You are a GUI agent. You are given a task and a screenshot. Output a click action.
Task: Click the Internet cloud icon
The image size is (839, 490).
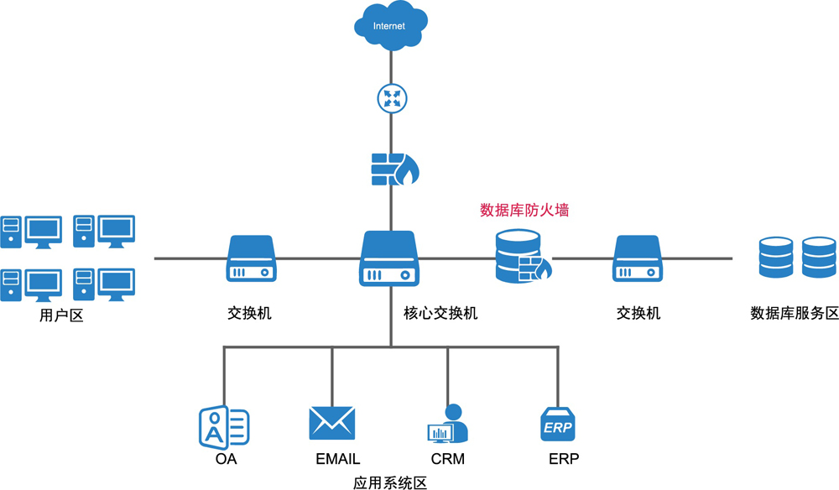click(391, 26)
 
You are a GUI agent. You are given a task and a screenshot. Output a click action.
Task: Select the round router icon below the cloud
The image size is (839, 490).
click(392, 98)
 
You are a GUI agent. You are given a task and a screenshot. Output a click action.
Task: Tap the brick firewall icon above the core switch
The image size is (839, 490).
click(395, 169)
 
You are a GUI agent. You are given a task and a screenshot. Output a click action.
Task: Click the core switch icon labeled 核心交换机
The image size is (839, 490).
click(389, 258)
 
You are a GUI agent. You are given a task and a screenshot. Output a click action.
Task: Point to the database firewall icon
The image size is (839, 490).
click(523, 256)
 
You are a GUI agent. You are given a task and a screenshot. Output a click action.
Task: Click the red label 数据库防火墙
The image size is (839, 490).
click(524, 211)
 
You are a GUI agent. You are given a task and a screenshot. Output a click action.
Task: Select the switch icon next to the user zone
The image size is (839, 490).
click(252, 258)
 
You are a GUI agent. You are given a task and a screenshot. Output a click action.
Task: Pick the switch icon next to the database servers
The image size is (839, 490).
click(638, 258)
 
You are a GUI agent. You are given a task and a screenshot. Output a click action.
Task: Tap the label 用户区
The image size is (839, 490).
click(61, 315)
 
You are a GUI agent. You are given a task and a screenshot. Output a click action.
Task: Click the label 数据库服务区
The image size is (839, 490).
click(795, 313)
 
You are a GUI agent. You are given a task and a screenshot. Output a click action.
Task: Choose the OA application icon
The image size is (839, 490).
click(224, 427)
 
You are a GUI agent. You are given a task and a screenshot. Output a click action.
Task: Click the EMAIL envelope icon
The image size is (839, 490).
click(332, 423)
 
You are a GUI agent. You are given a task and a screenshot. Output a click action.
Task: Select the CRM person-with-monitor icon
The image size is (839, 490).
click(448, 423)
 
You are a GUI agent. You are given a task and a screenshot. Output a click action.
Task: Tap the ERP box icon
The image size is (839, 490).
click(558, 424)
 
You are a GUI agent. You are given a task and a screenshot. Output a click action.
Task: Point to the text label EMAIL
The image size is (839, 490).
click(337, 459)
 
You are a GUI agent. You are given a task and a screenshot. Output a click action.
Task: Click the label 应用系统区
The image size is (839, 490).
click(390, 483)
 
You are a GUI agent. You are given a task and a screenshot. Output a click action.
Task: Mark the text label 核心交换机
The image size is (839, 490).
click(440, 313)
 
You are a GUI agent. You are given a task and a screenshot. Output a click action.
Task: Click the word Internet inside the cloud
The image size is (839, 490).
click(389, 26)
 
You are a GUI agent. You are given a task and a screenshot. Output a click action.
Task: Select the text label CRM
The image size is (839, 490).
click(448, 459)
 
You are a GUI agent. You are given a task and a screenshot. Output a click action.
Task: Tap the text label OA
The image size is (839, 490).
click(226, 459)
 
